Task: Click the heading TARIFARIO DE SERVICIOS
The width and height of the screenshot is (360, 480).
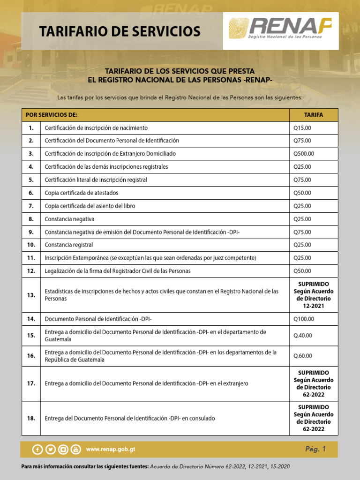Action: coord(120,31)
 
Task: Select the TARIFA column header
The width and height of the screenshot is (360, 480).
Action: coord(313,115)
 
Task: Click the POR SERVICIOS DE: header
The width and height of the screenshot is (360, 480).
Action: coord(52,115)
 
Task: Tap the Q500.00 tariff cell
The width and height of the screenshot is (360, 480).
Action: coord(304,154)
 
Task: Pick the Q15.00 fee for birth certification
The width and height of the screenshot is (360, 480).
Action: coord(302,128)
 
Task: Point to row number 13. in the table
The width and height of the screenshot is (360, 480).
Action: coord(31,295)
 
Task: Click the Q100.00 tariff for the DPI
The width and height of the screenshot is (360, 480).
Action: coord(304,319)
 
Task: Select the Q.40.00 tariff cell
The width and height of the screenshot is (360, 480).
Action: coord(303,336)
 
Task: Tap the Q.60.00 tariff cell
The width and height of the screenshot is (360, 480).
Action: coord(303,356)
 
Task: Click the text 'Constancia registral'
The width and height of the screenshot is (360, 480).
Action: coord(68,245)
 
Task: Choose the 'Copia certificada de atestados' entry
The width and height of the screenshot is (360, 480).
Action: coord(81,193)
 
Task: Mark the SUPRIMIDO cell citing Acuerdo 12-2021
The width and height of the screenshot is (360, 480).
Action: coord(313,295)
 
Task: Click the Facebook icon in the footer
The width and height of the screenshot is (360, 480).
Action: coord(37,450)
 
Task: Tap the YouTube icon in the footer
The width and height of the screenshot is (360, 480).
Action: coord(75,450)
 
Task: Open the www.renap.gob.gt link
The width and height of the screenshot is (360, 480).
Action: coord(111,450)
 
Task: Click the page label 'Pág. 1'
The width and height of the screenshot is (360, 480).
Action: coord(315,449)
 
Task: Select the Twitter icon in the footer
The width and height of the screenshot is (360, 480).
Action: coord(50,450)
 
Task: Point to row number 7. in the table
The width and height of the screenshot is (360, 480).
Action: coord(31,206)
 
